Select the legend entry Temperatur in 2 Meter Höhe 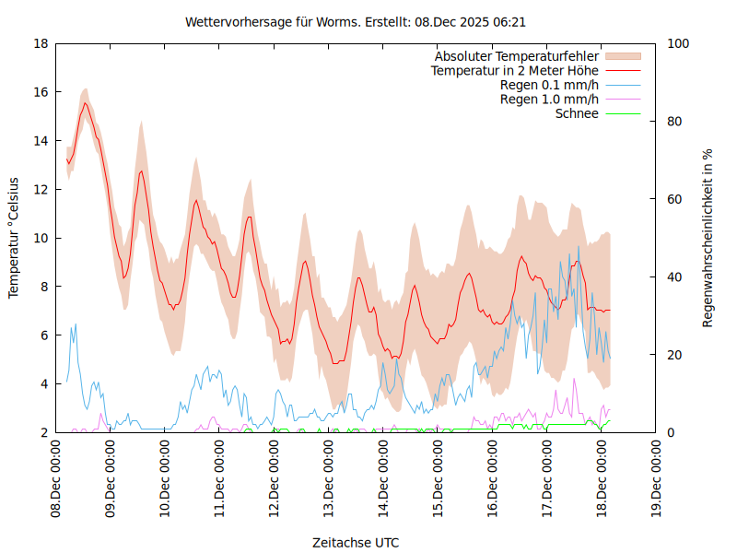click(x=515, y=70)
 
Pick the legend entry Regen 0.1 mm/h click(x=549, y=85)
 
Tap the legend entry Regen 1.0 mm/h click(x=549, y=99)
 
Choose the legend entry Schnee click(x=577, y=113)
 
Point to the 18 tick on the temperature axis click(x=41, y=43)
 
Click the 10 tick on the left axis click(x=41, y=238)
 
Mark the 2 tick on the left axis click(x=44, y=432)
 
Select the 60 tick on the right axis click(x=674, y=199)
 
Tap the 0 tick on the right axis click(x=671, y=432)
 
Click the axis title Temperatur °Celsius click(x=14, y=238)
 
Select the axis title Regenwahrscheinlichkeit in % click(x=708, y=238)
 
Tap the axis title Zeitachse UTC click(x=356, y=542)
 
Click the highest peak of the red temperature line click(x=85, y=103)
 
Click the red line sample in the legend click(x=623, y=70)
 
